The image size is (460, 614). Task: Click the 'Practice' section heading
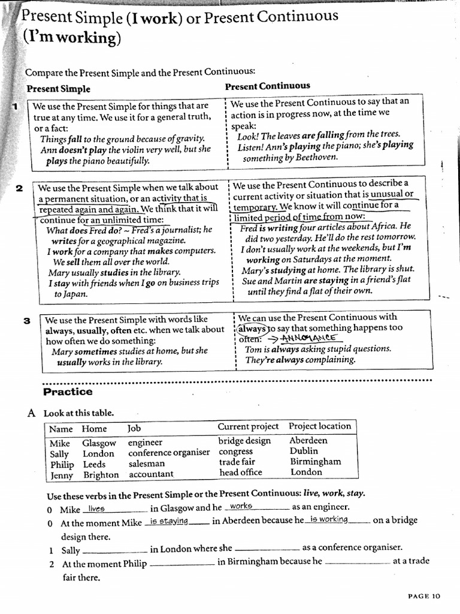[x=68, y=392]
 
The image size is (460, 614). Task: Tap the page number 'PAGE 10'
[x=423, y=595]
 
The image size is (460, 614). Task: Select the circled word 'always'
[x=252, y=329]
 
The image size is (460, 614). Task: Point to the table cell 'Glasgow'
[x=99, y=443]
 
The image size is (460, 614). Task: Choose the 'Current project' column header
[x=248, y=426]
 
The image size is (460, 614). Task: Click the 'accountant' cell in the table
[x=151, y=474]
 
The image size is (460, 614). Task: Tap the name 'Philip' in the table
[x=62, y=464]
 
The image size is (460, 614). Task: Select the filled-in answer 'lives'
[x=96, y=508]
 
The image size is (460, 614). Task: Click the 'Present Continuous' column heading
[x=267, y=86]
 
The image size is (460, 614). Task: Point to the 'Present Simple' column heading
[x=59, y=89]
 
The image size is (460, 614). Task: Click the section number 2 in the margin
[x=19, y=188]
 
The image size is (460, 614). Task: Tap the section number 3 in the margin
[x=27, y=321]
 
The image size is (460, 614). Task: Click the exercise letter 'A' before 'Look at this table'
[x=31, y=413]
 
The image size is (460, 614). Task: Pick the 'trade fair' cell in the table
[x=237, y=462]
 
